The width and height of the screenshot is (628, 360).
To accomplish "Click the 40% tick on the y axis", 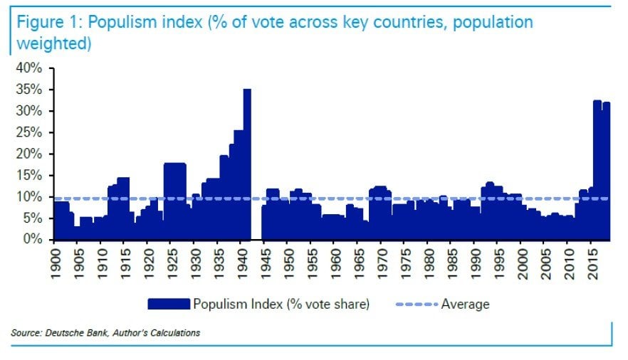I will click(31, 68).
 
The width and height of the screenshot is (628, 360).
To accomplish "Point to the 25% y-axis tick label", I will click(31, 132).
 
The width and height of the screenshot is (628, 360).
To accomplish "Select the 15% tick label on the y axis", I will click(31, 176).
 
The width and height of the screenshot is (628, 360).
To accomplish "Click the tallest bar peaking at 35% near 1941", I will click(247, 164).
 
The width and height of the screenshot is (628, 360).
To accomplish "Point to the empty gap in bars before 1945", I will click(256, 213).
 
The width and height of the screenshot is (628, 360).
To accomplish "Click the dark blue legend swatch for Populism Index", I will click(169, 304).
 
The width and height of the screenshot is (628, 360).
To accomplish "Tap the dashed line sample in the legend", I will click(414, 305).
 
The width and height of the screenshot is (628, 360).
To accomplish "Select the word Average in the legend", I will click(466, 305).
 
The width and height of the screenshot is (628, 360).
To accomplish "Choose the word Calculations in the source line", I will click(174, 332).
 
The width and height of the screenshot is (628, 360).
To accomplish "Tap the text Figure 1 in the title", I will click(41, 22).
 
